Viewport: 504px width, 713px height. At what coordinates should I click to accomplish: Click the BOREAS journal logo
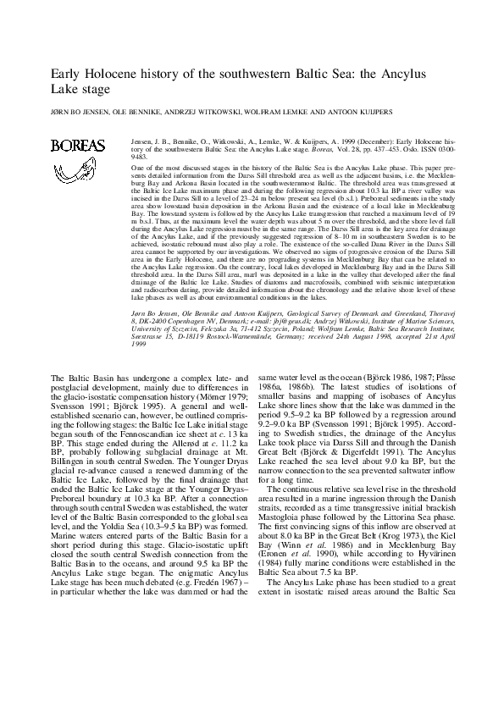78,146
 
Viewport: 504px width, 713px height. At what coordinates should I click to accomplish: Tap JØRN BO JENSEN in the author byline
78,111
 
